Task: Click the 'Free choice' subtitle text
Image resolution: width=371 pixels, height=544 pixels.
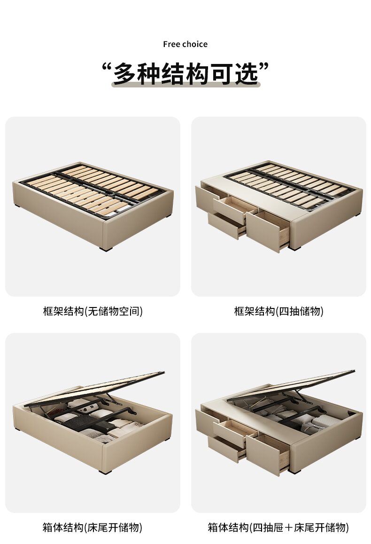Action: point(185,44)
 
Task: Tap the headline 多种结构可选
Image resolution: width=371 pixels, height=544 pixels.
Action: point(185,73)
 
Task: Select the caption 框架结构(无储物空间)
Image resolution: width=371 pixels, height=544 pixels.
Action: point(93,311)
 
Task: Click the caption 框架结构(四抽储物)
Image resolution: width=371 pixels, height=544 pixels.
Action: point(278,311)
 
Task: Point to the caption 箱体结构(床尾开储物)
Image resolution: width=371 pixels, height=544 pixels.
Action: point(93,527)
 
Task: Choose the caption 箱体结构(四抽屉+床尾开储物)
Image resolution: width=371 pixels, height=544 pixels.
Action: point(278,527)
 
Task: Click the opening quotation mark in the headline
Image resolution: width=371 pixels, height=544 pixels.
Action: point(107,67)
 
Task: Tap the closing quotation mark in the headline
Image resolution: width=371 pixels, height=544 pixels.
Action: point(264,67)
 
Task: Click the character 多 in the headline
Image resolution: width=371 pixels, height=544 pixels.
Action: point(125,73)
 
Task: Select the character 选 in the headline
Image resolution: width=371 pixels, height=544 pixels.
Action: point(247,73)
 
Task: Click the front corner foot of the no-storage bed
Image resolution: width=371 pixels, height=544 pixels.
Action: point(106,248)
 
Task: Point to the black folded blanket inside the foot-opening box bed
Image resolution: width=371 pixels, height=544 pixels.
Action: point(80,422)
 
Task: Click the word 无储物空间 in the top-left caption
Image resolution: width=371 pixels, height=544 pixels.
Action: point(114,311)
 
